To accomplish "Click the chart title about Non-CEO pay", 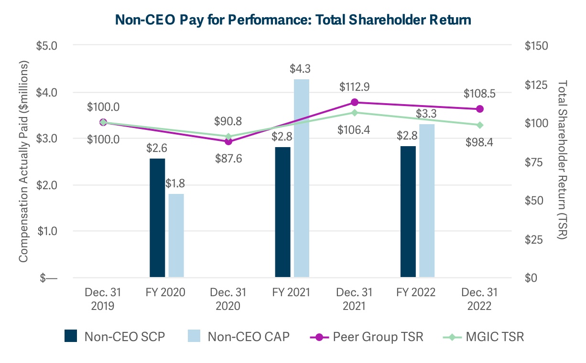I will (x=293, y=20).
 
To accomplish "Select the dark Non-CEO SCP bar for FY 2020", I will (x=157, y=218).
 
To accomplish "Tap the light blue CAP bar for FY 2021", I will (x=302, y=178).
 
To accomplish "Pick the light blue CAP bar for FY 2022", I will (x=427, y=201).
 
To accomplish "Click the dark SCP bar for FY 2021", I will (x=283, y=212).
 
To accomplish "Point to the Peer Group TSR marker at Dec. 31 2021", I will (x=355, y=102).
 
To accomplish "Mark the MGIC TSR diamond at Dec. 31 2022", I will (x=480, y=125).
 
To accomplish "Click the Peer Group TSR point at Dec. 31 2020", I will (x=228, y=141).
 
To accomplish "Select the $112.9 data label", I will (x=355, y=87).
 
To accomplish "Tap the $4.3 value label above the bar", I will (x=301, y=69).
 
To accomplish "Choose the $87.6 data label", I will (x=228, y=158).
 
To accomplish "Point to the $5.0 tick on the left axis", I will (x=47, y=46).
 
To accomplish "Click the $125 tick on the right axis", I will (x=535, y=85).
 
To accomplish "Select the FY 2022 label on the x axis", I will (x=418, y=292).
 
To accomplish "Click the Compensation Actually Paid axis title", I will (x=23, y=161).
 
